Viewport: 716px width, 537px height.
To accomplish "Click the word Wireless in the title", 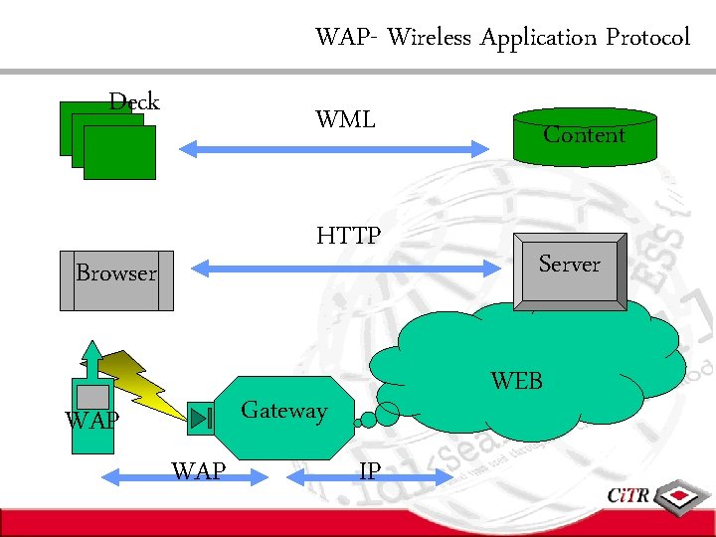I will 430,38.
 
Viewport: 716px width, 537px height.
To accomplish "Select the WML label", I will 345,120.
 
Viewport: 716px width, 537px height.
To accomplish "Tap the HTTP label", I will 348,236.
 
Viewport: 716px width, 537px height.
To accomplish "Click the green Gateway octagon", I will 284,417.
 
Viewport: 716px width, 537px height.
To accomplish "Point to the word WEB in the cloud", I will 517,380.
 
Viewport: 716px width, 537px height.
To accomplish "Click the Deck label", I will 134,101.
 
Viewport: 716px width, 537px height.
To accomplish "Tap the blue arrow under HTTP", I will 348,267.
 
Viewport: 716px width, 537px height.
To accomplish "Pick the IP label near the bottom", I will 369,471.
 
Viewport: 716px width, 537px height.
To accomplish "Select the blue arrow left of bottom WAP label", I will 134,478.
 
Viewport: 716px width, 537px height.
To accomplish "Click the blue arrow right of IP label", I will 418,478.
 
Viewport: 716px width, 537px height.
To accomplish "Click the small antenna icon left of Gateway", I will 201,419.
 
